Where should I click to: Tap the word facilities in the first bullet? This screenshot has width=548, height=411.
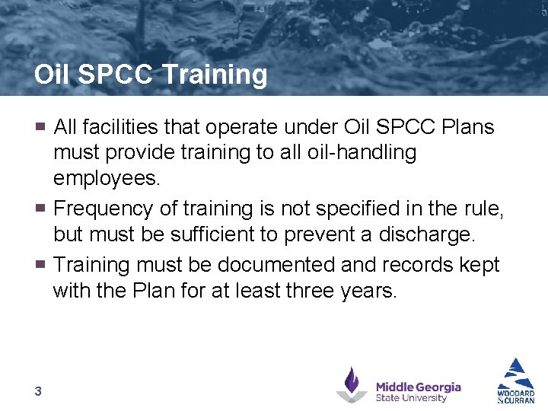click(x=126, y=127)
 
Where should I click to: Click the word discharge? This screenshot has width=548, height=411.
click(x=419, y=234)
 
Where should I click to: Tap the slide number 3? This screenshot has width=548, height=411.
click(x=37, y=391)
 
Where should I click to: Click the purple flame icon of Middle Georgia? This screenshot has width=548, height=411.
click(x=351, y=384)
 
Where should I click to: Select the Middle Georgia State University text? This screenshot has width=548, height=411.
click(x=418, y=392)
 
